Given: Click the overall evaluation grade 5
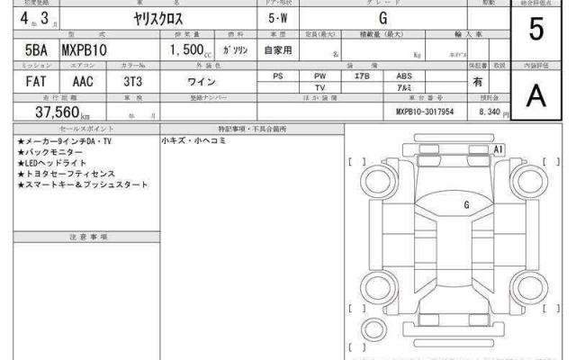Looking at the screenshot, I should (x=536, y=29).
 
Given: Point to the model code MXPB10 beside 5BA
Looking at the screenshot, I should (x=84, y=52).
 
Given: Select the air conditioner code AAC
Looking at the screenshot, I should (x=83, y=80).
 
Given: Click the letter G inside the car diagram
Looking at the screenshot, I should (x=466, y=204).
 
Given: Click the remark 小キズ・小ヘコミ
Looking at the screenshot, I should (x=194, y=141).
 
